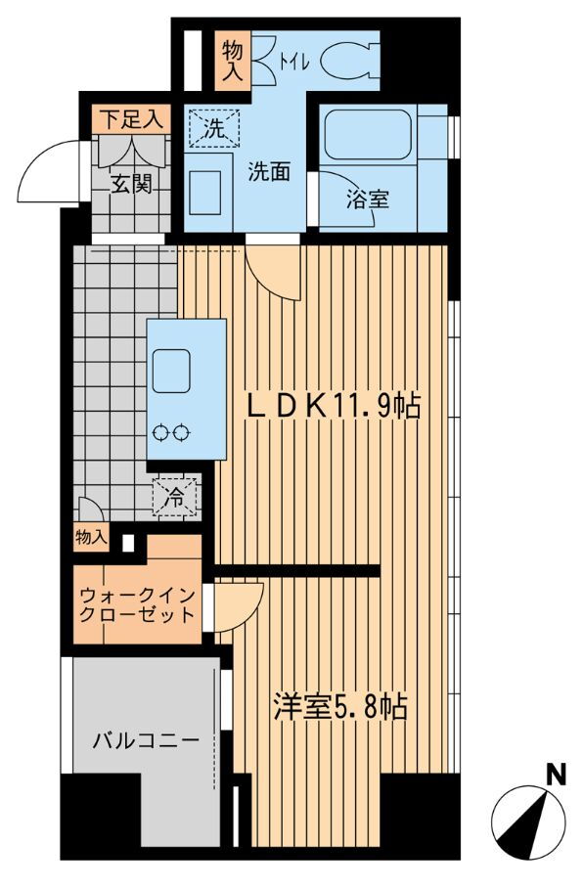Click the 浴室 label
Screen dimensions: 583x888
[x=368, y=200]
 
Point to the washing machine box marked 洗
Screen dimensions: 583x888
[x=214, y=128]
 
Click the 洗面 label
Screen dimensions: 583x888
[x=270, y=171]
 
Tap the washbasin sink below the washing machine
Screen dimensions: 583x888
[x=205, y=192]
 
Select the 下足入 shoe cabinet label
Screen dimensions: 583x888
[x=131, y=119]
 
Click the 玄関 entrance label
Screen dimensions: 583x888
[x=131, y=184]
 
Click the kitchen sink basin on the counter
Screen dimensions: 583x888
[x=170, y=371]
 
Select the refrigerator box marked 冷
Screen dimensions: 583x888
[x=176, y=497]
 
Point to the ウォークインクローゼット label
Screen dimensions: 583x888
[x=137, y=604]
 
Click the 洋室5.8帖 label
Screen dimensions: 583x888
[x=340, y=707]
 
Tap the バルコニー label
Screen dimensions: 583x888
[x=146, y=740]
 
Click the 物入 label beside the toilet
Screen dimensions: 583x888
[x=232, y=61]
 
